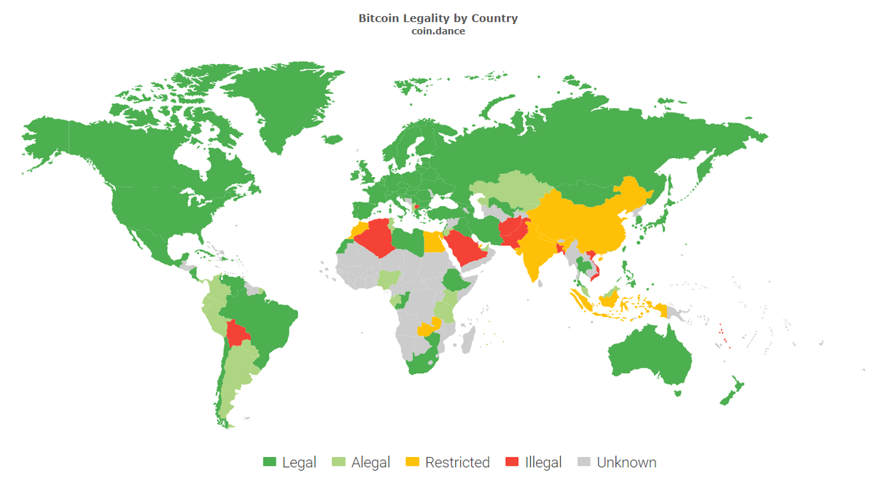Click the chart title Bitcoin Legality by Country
click(437, 18)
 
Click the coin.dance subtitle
click(437, 31)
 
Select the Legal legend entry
click(299, 462)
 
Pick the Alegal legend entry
click(370, 462)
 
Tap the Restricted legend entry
click(457, 462)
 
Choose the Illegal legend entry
click(543, 462)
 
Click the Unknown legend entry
click(626, 462)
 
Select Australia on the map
click(649, 357)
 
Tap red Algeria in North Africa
click(379, 237)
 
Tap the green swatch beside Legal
click(269, 462)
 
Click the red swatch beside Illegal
click(512, 462)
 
